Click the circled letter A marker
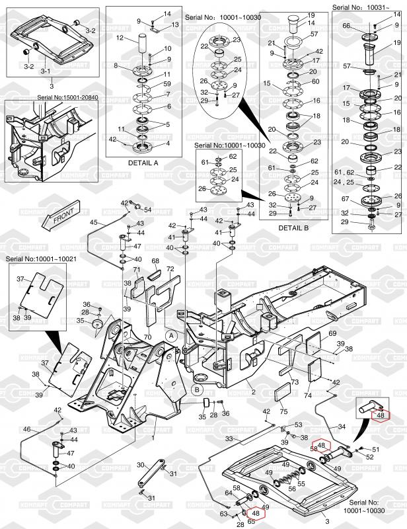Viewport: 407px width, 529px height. pos(171,336)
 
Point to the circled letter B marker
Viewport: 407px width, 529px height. pos(197,389)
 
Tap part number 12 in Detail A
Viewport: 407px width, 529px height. pos(120,38)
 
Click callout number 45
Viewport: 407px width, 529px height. pos(93,222)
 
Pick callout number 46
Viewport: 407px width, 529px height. pos(26,429)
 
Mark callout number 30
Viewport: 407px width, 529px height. pos(140,465)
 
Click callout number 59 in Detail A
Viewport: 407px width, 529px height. pos(166,84)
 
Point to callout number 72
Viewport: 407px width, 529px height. pos(170,269)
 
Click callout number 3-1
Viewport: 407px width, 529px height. pos(45,69)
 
